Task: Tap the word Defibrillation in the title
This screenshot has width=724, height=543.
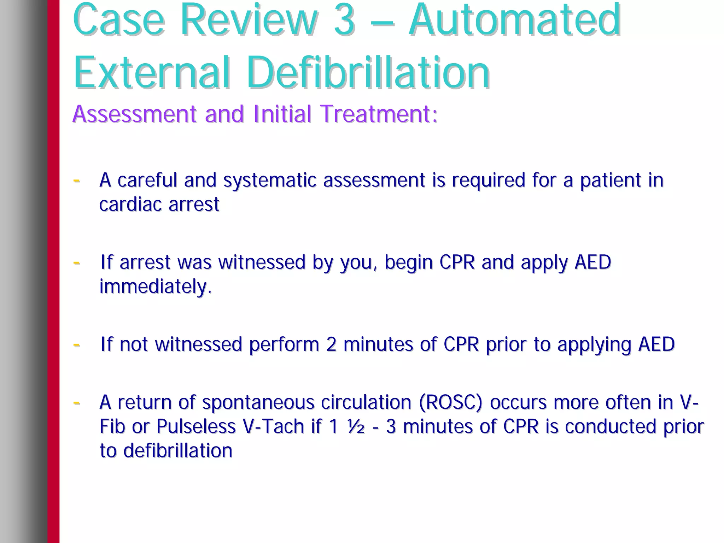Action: coord(368,72)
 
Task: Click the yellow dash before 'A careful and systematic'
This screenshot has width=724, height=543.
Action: coord(76,181)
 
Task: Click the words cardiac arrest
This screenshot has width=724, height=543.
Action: coord(159,205)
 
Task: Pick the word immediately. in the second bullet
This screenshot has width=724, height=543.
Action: coord(156,287)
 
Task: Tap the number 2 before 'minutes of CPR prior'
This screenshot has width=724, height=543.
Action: coord(331,344)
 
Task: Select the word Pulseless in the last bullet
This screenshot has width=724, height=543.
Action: coord(196,426)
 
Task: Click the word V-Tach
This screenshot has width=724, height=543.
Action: coord(274,426)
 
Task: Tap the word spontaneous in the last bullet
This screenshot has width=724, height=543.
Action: coord(258,403)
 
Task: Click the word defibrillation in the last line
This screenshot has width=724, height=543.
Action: coord(178,451)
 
